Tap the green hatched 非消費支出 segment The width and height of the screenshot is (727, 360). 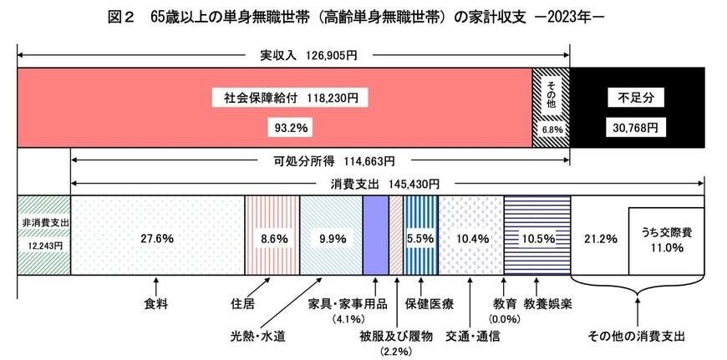point(43,234)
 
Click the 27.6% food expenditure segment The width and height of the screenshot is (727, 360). point(157,238)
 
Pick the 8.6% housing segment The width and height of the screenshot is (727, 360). point(271,238)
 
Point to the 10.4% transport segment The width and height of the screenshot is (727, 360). point(470,238)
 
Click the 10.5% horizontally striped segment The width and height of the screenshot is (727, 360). point(536,238)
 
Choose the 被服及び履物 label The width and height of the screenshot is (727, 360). point(396,336)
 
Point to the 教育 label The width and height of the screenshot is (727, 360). point(504,303)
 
